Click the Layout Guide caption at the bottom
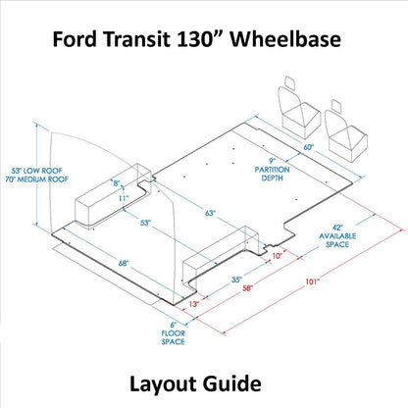[x=203, y=382]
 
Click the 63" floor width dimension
[x=210, y=213]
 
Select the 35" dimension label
[x=238, y=279]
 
